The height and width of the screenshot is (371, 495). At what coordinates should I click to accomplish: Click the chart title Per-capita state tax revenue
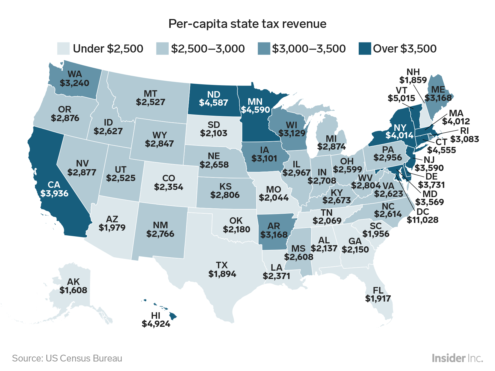[x=247, y=24]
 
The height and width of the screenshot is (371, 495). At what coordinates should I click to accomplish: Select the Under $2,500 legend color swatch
[x=63, y=49]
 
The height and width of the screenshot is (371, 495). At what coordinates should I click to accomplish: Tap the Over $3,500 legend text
[x=404, y=49]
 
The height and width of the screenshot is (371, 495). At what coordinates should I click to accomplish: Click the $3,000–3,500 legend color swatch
[x=264, y=49]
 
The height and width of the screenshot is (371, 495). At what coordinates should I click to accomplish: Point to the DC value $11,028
[x=422, y=220]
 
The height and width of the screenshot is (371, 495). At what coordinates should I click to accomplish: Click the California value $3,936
[x=54, y=194]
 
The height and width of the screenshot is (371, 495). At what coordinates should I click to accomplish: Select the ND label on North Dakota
[x=214, y=94]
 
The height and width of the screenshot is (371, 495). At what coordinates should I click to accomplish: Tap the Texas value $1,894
[x=222, y=274]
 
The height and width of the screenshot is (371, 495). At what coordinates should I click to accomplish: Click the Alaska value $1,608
[x=73, y=290]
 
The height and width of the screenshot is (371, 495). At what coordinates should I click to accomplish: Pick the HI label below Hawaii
[x=156, y=315]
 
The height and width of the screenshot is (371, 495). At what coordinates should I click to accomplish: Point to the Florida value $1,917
[x=378, y=298]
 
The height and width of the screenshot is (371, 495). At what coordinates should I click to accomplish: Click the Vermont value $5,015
[x=401, y=98]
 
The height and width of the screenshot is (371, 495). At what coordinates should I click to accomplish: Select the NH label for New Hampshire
[x=413, y=72]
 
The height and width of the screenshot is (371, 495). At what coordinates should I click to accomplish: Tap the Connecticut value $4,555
[x=441, y=150]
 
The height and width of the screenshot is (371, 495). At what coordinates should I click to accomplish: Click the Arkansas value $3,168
[x=274, y=234]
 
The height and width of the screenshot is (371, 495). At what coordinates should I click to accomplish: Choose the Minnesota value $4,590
[x=255, y=110]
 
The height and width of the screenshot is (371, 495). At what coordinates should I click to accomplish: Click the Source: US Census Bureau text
[x=67, y=358]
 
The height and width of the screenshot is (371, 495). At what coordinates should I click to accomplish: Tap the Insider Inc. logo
[x=457, y=358]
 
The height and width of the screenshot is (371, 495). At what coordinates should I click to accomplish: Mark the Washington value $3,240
[x=75, y=83]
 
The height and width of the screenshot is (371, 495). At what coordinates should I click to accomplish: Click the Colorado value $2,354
[x=169, y=187]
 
